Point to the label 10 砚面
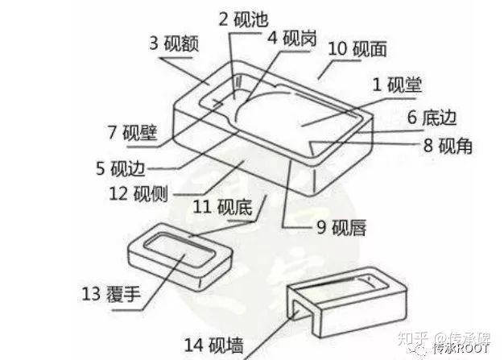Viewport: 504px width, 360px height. pyautogui.click(x=358, y=49)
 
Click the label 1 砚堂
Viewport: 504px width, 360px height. pyautogui.click(x=397, y=84)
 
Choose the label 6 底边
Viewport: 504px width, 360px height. pyautogui.click(x=432, y=118)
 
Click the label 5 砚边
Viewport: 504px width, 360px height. pyautogui.click(x=120, y=168)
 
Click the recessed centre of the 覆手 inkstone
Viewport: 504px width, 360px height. pyautogui.click(x=179, y=255)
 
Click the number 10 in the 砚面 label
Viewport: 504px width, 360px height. pyautogui.click(x=337, y=49)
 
